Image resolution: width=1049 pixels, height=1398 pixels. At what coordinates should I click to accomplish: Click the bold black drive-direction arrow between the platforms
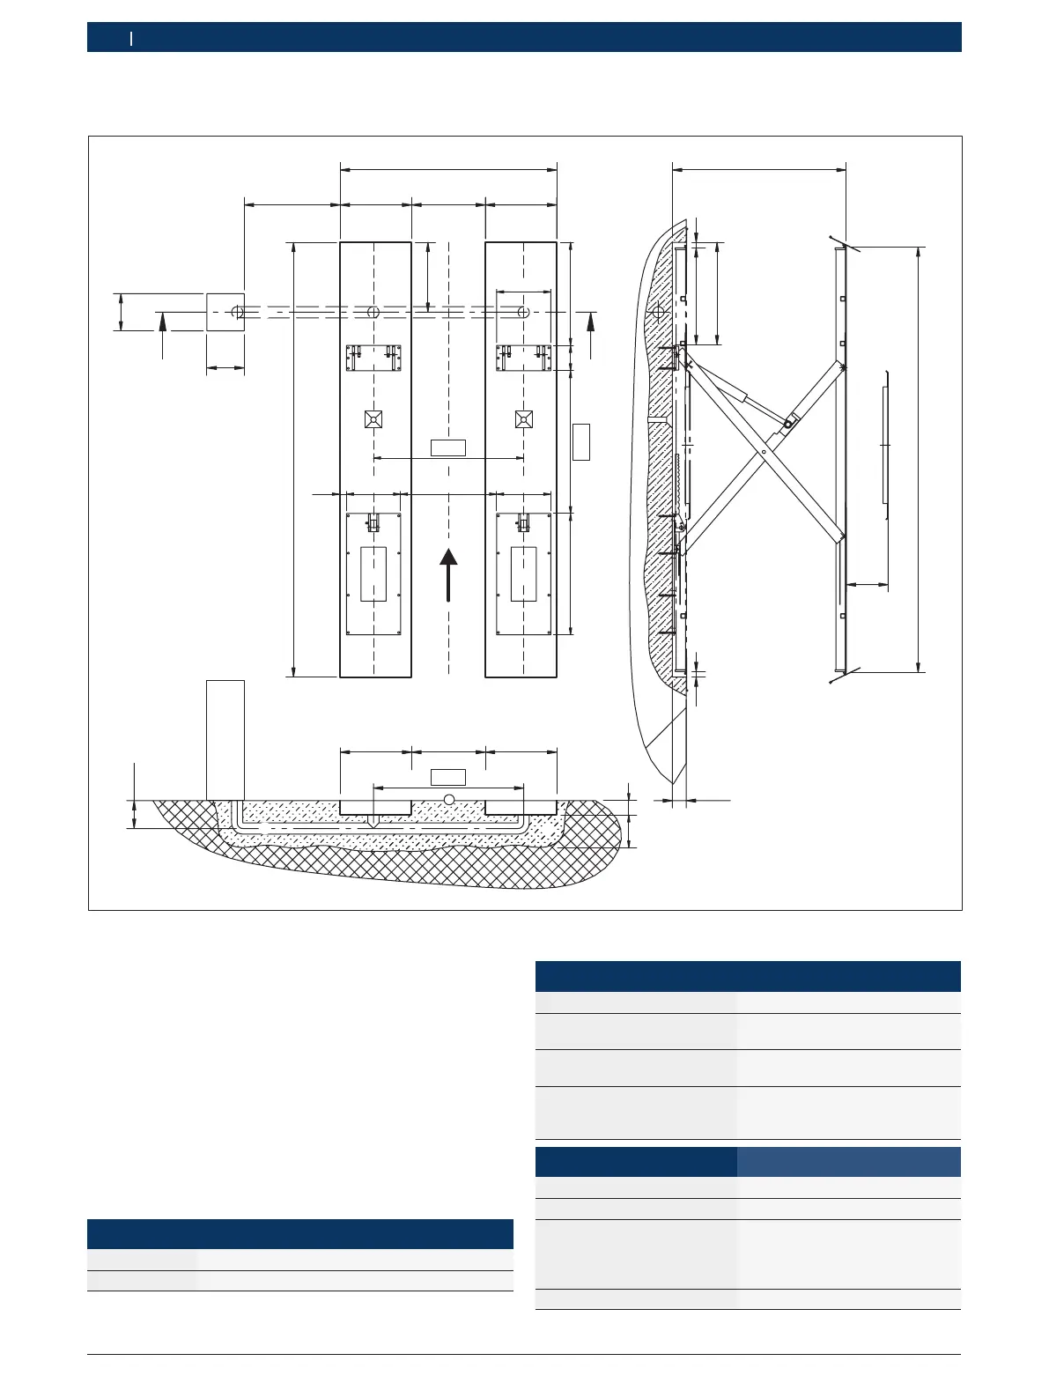pyautogui.click(x=448, y=574)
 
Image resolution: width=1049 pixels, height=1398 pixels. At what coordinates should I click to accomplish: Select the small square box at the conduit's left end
pyautogui.click(x=225, y=312)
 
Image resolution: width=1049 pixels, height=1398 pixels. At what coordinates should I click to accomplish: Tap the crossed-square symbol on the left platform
pyautogui.click(x=373, y=418)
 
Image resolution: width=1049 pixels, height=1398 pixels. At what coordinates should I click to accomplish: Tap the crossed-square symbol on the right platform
pyautogui.click(x=524, y=418)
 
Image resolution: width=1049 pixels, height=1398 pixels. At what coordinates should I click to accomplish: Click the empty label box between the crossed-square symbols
pyautogui.click(x=447, y=447)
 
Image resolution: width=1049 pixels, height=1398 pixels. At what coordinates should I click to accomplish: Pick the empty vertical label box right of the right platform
pyautogui.click(x=580, y=441)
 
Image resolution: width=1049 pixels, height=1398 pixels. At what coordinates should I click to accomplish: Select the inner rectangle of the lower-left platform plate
pyautogui.click(x=373, y=573)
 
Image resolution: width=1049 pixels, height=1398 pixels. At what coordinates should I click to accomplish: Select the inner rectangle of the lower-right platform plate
pyautogui.click(x=524, y=573)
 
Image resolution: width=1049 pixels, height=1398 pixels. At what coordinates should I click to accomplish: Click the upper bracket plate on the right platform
pyautogui.click(x=524, y=358)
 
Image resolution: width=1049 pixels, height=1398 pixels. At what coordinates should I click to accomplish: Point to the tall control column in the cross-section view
pyautogui.click(x=225, y=740)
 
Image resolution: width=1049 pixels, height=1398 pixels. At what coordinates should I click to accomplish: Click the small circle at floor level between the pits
pyautogui.click(x=449, y=799)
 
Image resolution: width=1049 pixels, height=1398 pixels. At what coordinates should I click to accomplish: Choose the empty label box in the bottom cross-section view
pyautogui.click(x=447, y=777)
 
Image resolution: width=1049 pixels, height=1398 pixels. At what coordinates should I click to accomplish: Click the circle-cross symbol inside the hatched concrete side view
pyautogui.click(x=657, y=312)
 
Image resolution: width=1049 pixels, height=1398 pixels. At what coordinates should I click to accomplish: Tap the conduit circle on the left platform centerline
pyautogui.click(x=373, y=312)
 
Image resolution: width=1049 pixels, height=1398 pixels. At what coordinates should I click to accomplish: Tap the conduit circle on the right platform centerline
pyautogui.click(x=523, y=312)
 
